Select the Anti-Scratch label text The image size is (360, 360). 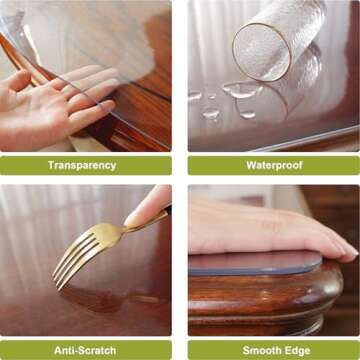(86, 350)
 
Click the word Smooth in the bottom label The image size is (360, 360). (254, 350)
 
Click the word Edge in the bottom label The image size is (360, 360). (296, 350)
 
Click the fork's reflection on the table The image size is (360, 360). (100, 295)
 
